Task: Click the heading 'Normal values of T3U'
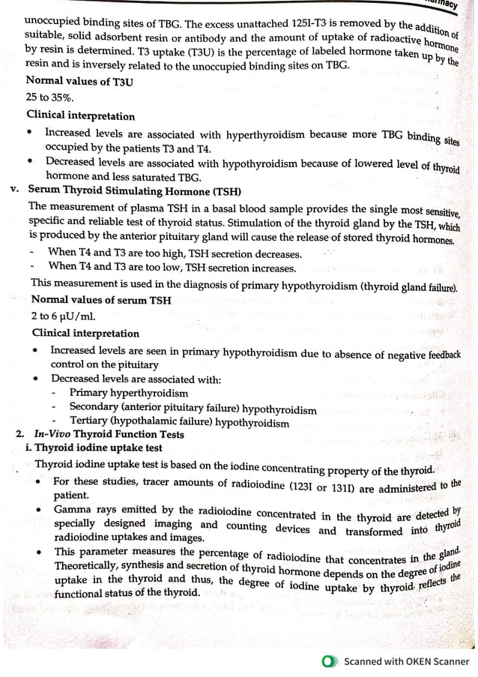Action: coord(79,81)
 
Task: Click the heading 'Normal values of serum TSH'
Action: coord(101,300)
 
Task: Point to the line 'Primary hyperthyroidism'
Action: coord(128,393)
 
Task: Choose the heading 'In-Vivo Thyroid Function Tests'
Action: coord(108,434)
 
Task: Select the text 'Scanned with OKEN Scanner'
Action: coord(405,661)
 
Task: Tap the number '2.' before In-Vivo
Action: coord(20,434)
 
